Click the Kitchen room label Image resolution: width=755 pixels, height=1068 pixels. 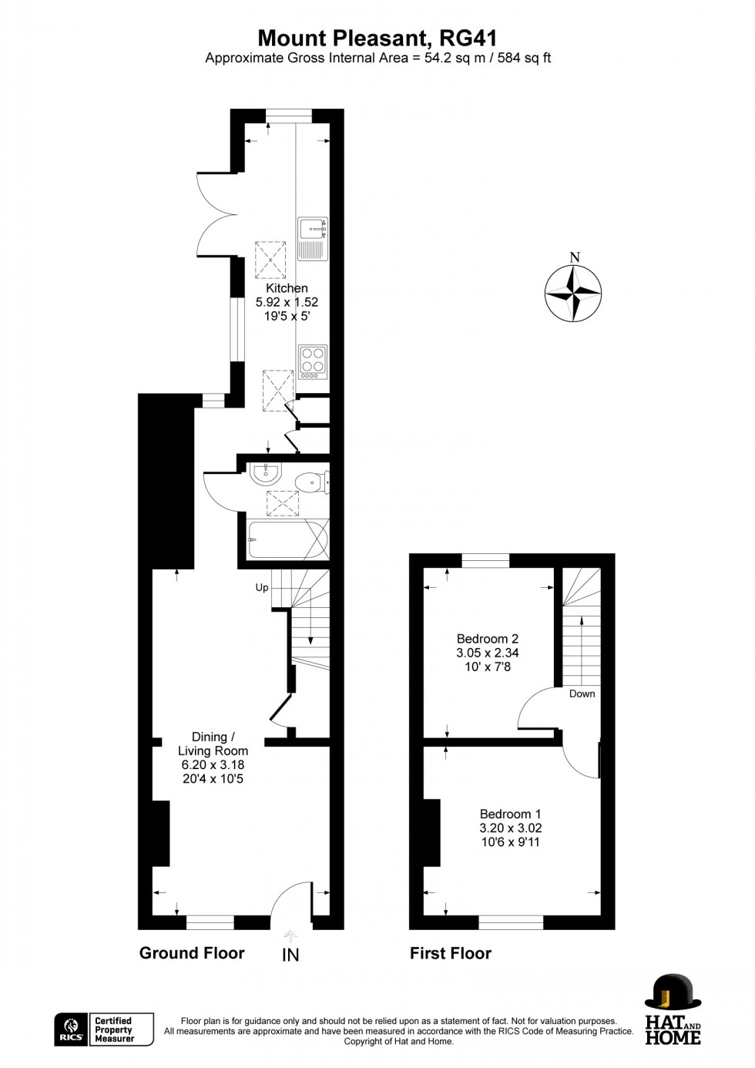click(287, 288)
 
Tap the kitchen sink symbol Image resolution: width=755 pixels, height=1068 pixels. click(314, 237)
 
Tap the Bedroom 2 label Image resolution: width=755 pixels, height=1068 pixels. click(487, 639)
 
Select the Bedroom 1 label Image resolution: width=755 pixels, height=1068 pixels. click(510, 814)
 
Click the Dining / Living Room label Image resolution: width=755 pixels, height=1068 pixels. click(213, 744)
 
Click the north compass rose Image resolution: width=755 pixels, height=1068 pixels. click(573, 293)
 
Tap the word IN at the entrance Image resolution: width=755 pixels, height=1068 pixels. click(290, 955)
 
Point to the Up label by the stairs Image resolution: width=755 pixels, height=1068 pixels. click(262, 588)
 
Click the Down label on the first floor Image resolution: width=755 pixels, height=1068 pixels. click(582, 694)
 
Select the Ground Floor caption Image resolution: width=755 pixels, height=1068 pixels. click(192, 953)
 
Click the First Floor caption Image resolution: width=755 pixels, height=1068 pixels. click(450, 953)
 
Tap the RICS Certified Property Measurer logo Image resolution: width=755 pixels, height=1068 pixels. click(104, 1029)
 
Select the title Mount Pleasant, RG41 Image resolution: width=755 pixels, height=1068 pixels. click(377, 38)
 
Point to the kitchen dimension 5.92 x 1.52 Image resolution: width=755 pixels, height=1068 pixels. click(287, 302)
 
